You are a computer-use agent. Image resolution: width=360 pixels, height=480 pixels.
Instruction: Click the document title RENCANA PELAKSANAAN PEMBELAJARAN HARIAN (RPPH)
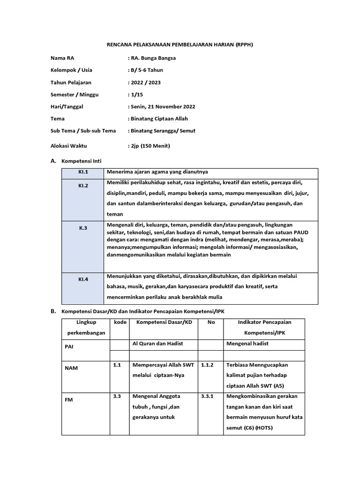[180, 45]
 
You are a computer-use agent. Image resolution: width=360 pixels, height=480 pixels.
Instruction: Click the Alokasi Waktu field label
[69, 146]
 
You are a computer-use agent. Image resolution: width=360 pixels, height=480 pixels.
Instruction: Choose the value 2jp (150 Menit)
[149, 146]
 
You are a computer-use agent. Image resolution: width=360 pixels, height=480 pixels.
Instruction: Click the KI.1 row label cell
[83, 172]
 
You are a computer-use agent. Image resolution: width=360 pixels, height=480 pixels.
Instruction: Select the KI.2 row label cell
[83, 186]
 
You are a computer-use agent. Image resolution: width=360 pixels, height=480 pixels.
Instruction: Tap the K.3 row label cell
[83, 228]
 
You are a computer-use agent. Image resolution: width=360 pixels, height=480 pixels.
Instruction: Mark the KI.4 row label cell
[83, 279]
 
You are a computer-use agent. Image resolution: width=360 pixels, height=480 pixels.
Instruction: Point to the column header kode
[119, 322]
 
